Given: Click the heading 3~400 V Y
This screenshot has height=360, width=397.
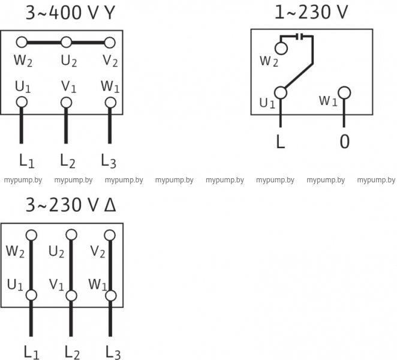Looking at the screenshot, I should (x=69, y=13).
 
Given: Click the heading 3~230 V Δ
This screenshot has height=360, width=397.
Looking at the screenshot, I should (x=71, y=206).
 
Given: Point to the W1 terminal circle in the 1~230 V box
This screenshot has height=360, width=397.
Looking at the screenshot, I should (x=344, y=92).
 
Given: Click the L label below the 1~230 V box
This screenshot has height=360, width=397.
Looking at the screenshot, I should (x=280, y=142).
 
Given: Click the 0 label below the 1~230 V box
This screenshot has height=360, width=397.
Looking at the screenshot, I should (x=344, y=142).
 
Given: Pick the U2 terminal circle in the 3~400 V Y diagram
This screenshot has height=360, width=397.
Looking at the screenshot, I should (x=67, y=42).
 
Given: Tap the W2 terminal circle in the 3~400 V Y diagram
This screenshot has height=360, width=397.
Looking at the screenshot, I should (x=22, y=42).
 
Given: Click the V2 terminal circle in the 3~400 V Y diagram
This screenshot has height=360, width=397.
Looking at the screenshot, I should (x=109, y=42).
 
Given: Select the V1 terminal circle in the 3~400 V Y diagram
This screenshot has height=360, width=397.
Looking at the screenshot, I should (x=66, y=102).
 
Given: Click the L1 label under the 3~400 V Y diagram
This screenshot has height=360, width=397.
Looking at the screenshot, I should (x=26, y=161).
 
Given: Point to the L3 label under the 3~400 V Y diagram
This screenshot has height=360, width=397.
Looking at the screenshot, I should (x=109, y=161).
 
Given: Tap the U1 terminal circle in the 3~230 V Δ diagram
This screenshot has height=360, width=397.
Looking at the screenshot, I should (x=32, y=295).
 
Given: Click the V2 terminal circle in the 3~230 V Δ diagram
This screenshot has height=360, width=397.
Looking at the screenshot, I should (x=111, y=235).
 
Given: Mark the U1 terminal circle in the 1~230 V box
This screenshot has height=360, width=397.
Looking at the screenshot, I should (x=281, y=92).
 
